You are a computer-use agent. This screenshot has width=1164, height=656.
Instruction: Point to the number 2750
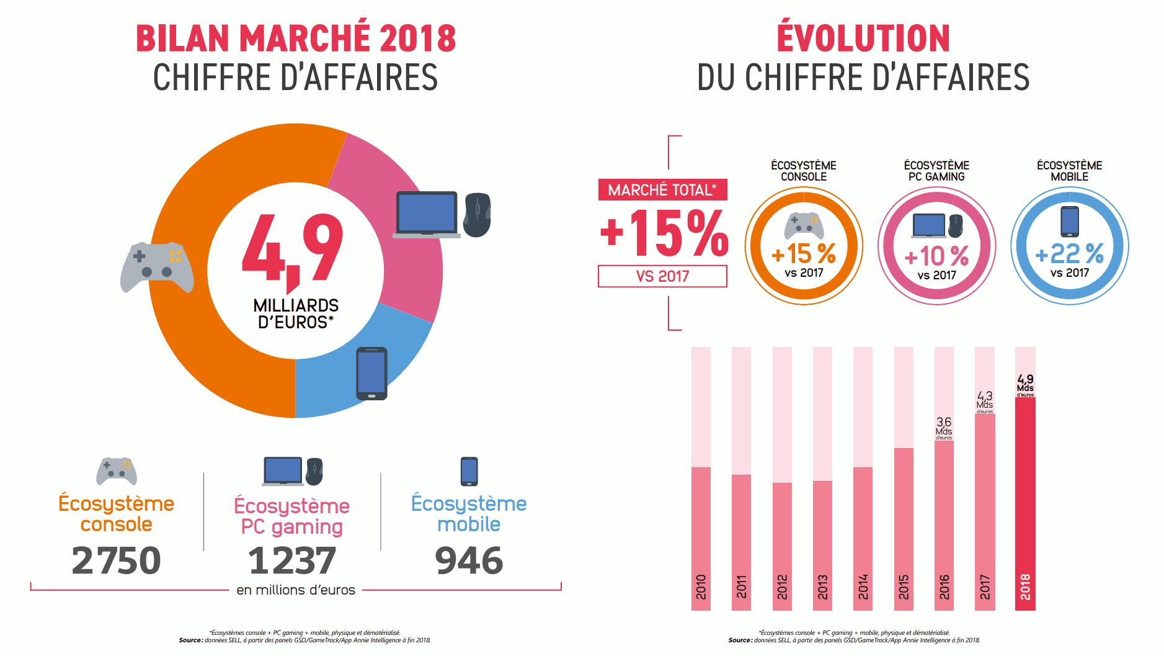tap(116, 560)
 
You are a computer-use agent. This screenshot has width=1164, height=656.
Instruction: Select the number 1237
tap(291, 560)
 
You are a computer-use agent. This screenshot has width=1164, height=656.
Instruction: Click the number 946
tap(469, 560)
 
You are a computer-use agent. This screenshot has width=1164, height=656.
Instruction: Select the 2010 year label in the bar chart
tap(701, 586)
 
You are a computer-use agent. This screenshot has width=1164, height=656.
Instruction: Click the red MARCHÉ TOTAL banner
tap(662, 190)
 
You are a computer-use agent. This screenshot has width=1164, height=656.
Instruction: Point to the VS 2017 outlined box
tap(662, 276)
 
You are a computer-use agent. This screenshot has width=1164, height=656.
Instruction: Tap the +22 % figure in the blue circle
tap(1070, 254)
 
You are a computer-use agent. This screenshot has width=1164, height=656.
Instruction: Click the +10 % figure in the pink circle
tap(936, 256)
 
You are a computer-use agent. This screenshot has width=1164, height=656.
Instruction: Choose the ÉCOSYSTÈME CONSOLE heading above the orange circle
tap(803, 171)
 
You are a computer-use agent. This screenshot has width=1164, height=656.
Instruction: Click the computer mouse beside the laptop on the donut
tap(478, 215)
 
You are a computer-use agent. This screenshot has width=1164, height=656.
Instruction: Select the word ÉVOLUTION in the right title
tap(863, 38)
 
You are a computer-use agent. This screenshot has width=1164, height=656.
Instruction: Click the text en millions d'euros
tap(296, 590)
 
